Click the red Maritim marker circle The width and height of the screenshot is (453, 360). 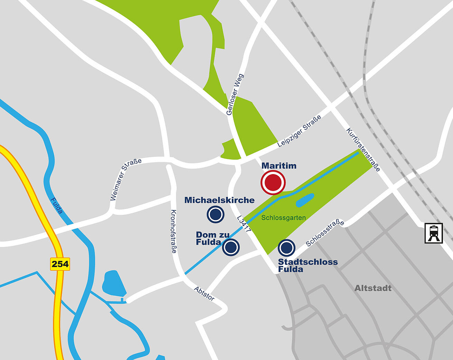pyautogui.click(x=273, y=182)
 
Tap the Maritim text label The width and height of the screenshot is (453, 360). pyautogui.click(x=279, y=166)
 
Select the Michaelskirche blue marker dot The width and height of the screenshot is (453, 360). pyautogui.click(x=215, y=214)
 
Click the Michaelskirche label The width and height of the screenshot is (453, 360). pyautogui.click(x=219, y=200)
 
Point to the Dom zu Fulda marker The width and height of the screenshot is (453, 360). pyautogui.click(x=231, y=247)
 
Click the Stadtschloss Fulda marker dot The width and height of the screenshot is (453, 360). pyautogui.click(x=286, y=248)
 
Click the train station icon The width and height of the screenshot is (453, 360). pyautogui.click(x=434, y=233)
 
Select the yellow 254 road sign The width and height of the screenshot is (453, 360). pyautogui.click(x=60, y=264)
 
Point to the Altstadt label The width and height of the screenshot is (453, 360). pyautogui.click(x=373, y=288)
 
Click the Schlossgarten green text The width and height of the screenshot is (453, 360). pyautogui.click(x=283, y=218)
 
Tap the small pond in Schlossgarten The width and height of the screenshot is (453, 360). pyautogui.click(x=305, y=200)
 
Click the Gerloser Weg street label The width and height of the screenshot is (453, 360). pyautogui.click(x=235, y=94)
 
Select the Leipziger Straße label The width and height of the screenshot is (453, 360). pyautogui.click(x=299, y=131)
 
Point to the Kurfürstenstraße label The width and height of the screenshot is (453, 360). pyautogui.click(x=363, y=150)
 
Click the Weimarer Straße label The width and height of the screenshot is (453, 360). pyautogui.click(x=126, y=179)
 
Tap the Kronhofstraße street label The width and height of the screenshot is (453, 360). pyautogui.click(x=174, y=231)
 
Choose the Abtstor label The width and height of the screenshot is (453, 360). pyautogui.click(x=204, y=293)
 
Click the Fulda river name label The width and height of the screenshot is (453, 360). pyautogui.click(x=56, y=206)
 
